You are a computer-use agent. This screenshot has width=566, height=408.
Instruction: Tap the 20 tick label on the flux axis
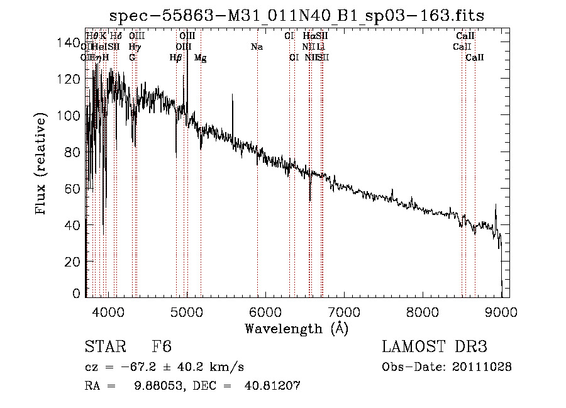click(71, 261)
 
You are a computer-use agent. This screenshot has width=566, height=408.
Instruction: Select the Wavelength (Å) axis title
click(297, 329)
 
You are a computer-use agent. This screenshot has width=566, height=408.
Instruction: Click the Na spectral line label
click(257, 47)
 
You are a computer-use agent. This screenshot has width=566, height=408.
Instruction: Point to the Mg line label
click(200, 58)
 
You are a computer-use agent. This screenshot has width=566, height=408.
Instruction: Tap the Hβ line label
click(175, 58)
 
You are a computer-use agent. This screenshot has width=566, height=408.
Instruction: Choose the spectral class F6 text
click(162, 347)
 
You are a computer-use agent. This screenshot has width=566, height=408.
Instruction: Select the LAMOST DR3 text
click(435, 347)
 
